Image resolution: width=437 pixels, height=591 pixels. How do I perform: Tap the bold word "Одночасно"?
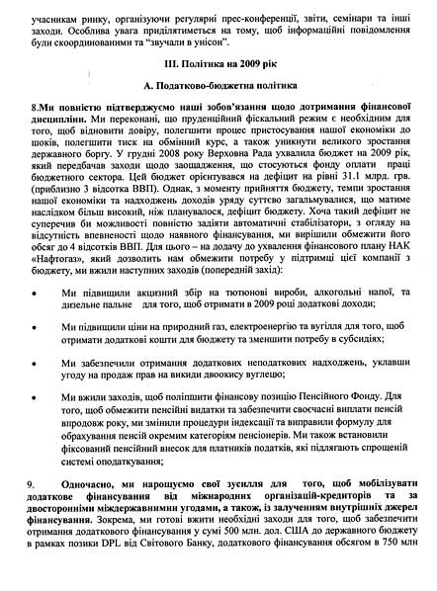point(89,509)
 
